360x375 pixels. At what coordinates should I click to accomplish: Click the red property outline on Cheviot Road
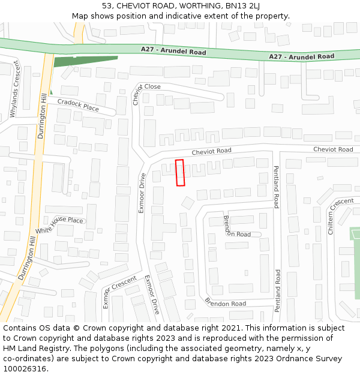pyautogui.click(x=179, y=173)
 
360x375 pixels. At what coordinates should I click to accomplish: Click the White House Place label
pyautogui.click(x=59, y=224)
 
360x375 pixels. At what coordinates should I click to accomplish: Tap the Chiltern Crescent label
pyautogui.click(x=340, y=215)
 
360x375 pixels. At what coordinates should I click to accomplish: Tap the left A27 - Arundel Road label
pyautogui.click(x=173, y=51)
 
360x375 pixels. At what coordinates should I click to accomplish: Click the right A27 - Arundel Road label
pyautogui.click(x=301, y=56)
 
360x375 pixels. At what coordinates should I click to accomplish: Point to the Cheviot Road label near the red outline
pyautogui.click(x=211, y=151)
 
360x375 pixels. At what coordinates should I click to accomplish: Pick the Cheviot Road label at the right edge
pyautogui.click(x=333, y=149)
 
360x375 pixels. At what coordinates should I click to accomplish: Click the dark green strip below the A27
pyautogui.click(x=84, y=61)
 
